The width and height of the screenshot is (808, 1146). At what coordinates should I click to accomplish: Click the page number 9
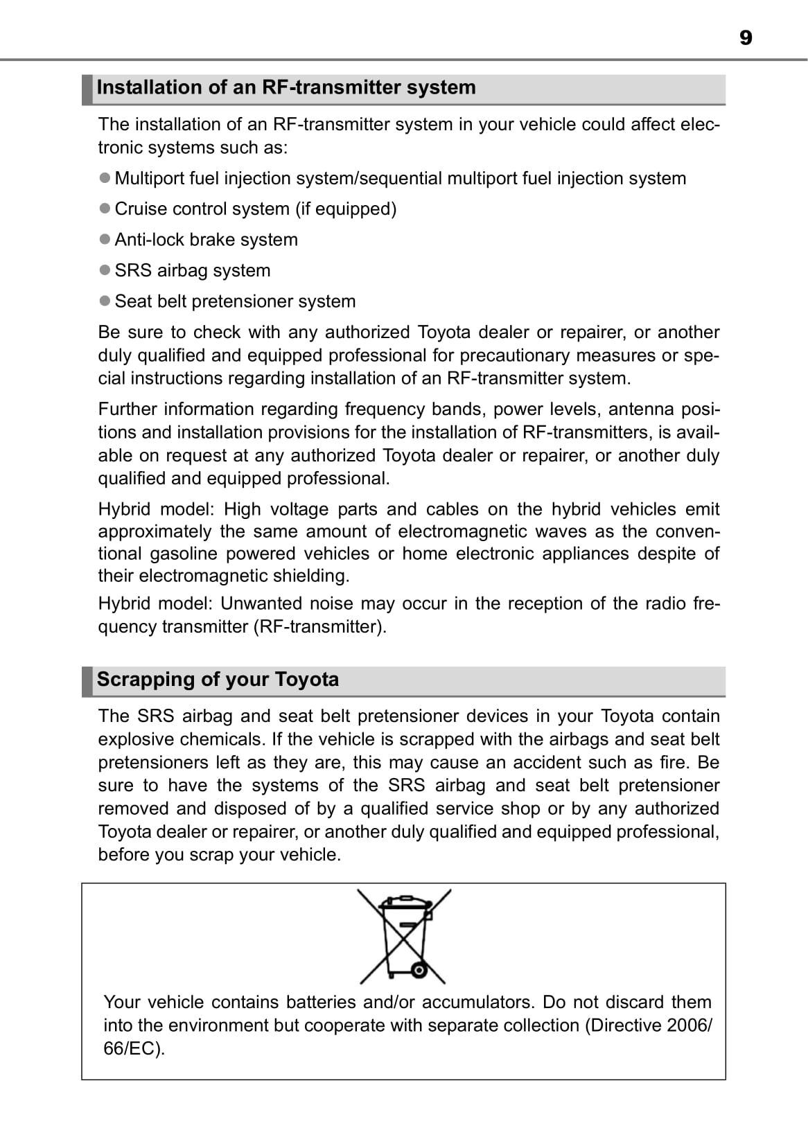point(745,37)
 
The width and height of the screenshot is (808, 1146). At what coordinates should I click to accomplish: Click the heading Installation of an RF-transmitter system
point(286,88)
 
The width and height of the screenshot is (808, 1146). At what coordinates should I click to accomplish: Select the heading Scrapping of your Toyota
point(218,679)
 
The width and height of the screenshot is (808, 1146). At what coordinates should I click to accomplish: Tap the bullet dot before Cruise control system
point(105,208)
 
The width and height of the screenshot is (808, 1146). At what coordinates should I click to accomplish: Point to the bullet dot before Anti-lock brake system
point(105,239)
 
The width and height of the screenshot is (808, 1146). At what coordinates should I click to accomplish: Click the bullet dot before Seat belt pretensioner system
point(105,301)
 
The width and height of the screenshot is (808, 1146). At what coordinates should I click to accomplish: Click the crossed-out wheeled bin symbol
point(404,936)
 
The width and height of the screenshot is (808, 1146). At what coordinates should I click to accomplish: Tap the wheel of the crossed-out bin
point(418,970)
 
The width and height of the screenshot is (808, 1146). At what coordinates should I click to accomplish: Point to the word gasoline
point(184,554)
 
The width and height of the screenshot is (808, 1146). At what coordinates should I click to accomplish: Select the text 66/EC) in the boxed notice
point(134,1048)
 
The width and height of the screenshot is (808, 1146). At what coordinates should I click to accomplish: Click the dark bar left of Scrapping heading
point(87,681)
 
